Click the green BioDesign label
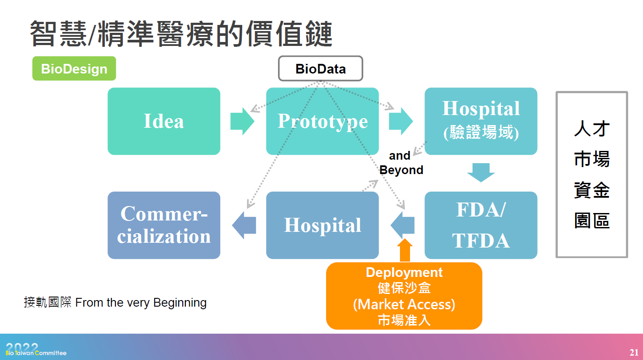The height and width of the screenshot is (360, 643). (x=74, y=69)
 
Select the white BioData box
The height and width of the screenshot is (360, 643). (x=320, y=69)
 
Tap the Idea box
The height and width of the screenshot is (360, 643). (x=164, y=121)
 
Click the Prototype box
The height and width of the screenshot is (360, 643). (x=322, y=121)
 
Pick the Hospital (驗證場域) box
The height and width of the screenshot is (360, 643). (x=481, y=121)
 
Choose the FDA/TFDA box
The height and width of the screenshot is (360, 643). (x=481, y=225)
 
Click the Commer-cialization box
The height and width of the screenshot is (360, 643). (x=164, y=225)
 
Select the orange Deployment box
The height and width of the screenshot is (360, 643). (x=404, y=296)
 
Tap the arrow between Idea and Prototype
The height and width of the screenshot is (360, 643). (x=242, y=121)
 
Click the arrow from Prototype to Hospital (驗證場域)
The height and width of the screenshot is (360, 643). (x=400, y=121)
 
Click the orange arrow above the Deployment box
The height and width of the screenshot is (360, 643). (x=405, y=251)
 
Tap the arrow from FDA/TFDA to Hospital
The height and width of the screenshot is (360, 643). (x=402, y=225)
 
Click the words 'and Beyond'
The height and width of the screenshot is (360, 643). (x=401, y=163)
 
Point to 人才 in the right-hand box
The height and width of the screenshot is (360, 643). (x=591, y=129)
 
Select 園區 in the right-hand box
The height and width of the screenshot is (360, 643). (x=591, y=221)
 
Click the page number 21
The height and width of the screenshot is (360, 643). (x=634, y=353)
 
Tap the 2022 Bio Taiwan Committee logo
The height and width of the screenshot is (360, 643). (x=35, y=350)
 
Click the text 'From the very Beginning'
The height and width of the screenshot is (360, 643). (x=141, y=302)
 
